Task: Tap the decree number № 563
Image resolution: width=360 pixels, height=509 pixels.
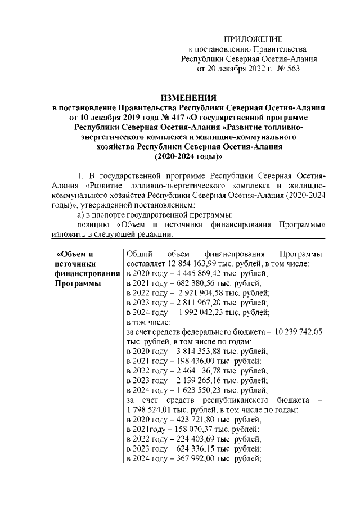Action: [286, 69]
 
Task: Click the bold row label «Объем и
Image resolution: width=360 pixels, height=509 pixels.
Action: [75, 254]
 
